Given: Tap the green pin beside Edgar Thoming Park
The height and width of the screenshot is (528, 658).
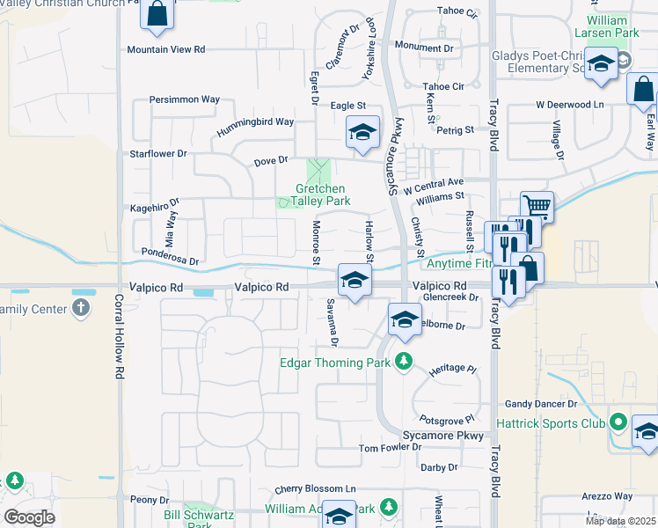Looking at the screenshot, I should (x=404, y=361).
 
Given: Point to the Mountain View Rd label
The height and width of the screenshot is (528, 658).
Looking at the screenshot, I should (x=165, y=50).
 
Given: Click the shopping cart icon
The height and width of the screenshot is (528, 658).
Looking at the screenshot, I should (x=537, y=207).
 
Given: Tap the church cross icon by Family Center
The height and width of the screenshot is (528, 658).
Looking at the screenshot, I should (x=81, y=308).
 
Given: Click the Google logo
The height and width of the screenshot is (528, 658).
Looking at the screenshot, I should (x=30, y=517).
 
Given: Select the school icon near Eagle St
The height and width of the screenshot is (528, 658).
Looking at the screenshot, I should (x=362, y=132).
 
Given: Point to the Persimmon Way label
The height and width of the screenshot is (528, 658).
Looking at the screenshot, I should (x=185, y=99).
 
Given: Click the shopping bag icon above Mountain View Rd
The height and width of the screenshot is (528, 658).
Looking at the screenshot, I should (x=157, y=14).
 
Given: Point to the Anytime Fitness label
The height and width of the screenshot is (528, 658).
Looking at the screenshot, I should (x=457, y=263).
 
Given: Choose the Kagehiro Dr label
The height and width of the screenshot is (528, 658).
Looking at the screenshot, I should (x=155, y=207).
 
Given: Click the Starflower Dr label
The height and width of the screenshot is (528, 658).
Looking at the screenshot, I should (x=158, y=153).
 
